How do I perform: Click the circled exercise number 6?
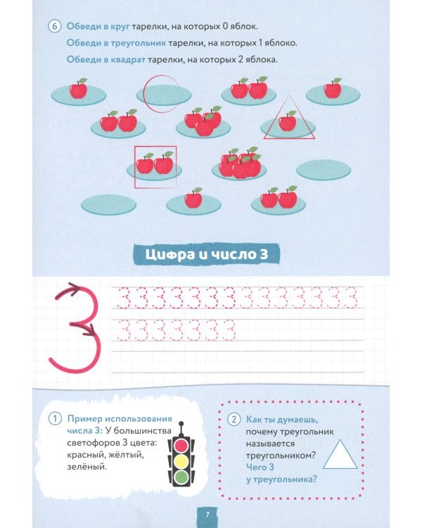[x=54, y=27]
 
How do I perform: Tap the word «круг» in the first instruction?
[x=116, y=27]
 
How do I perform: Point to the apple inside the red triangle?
[x=287, y=122]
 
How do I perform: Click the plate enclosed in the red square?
[x=155, y=167]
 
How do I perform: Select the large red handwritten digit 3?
[x=73, y=327]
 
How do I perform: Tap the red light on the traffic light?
[x=182, y=446]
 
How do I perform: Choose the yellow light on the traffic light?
[x=182, y=461]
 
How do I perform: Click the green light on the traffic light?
[x=182, y=477]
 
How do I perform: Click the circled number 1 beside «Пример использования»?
[x=54, y=418]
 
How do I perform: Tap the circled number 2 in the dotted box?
[x=234, y=418]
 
